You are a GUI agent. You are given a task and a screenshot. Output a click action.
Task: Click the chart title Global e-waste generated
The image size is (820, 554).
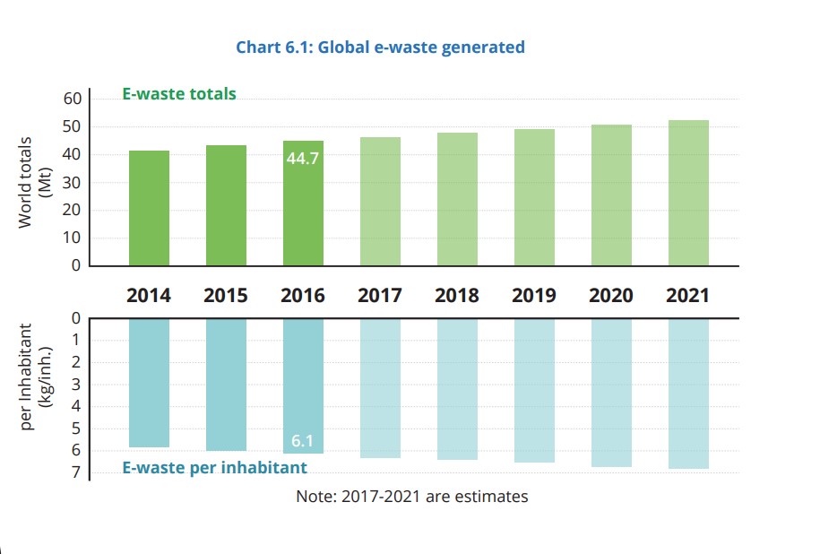380,48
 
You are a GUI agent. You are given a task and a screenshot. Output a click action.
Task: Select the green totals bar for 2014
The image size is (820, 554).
149,208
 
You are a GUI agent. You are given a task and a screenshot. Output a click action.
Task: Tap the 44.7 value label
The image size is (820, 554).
303,159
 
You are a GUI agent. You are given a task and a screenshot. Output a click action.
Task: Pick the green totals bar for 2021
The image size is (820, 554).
688,193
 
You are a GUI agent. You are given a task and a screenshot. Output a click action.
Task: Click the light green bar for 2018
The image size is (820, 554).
457,199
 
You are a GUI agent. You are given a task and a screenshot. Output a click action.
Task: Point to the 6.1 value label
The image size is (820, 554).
303,441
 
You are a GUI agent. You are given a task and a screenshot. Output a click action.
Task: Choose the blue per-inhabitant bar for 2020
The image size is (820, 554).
611,392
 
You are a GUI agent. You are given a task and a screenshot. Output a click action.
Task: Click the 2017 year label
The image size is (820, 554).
380,295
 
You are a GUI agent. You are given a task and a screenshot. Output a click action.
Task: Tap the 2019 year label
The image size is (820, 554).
534,295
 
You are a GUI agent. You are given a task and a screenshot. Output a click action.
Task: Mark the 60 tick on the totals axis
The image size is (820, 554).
72,99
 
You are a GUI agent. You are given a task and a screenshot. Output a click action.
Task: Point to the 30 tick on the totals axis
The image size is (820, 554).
72,182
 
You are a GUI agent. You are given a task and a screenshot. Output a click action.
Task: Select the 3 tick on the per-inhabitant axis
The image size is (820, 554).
75,384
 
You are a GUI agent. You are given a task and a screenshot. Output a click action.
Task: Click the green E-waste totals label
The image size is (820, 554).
179,93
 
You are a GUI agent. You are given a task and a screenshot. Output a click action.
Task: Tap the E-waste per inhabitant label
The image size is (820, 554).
214,467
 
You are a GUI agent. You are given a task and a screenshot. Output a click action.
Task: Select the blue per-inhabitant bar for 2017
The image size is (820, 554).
380,387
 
